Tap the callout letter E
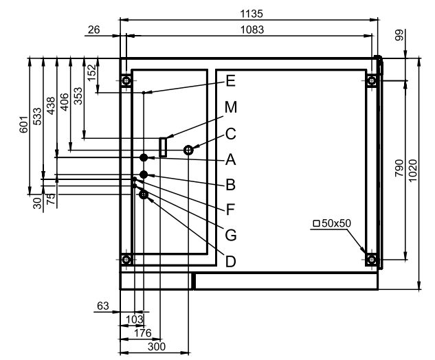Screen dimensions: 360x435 pos(230,81)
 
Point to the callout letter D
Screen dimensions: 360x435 pos(230,261)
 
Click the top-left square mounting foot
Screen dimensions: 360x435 pos(126,80)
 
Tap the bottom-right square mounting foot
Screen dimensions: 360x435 pos(371,260)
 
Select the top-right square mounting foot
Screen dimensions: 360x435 pos(371,80)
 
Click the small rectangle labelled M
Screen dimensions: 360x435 pos(163,146)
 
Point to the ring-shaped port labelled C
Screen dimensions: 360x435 pos(188,149)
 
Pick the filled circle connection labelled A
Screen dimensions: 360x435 pos(143,158)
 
